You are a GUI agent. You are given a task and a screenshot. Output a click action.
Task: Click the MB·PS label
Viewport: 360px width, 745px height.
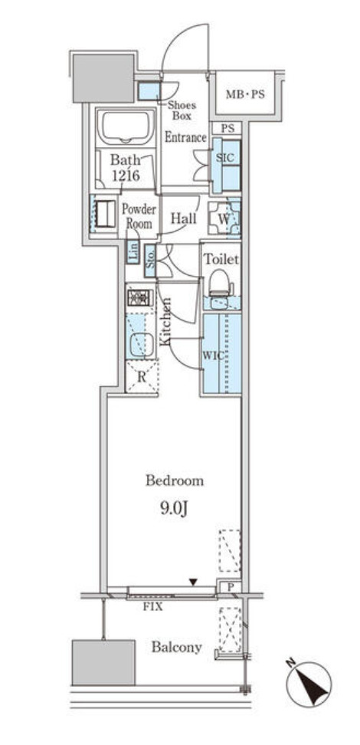pyautogui.click(x=244, y=94)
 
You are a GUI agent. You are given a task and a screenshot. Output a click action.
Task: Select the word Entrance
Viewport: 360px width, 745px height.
pyautogui.click(x=185, y=137)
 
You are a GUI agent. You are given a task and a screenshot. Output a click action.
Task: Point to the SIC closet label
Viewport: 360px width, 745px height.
pyautogui.click(x=225, y=158)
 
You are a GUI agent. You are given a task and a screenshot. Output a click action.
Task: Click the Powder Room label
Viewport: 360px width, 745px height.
pyautogui.click(x=139, y=216)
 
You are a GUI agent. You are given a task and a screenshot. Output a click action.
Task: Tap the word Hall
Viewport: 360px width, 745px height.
pyautogui.click(x=183, y=218)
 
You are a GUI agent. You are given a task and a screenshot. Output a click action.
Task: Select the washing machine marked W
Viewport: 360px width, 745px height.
pyautogui.click(x=224, y=218)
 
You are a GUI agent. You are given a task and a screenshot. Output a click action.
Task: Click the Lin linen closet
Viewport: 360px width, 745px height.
pyautogui.click(x=133, y=252)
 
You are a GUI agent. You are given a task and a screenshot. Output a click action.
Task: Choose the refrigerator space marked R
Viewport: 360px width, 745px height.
pyautogui.click(x=142, y=377)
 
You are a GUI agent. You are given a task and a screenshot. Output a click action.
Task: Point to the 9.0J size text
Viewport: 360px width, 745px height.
pyautogui.click(x=174, y=510)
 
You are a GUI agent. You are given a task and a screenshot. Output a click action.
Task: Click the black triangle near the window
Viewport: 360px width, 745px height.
pyautogui.click(x=193, y=582)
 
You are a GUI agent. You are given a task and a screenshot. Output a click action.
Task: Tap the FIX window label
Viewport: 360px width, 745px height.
pyautogui.click(x=153, y=607)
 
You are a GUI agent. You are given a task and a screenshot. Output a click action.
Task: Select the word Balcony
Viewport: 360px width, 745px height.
pyautogui.click(x=177, y=647)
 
